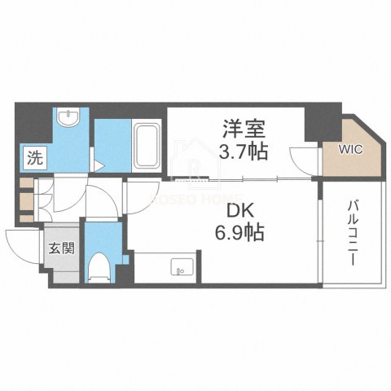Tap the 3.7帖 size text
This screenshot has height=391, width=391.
pos(240,151)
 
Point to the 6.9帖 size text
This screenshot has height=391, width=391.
pos(239,232)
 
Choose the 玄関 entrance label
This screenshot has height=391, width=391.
pos(65,248)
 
